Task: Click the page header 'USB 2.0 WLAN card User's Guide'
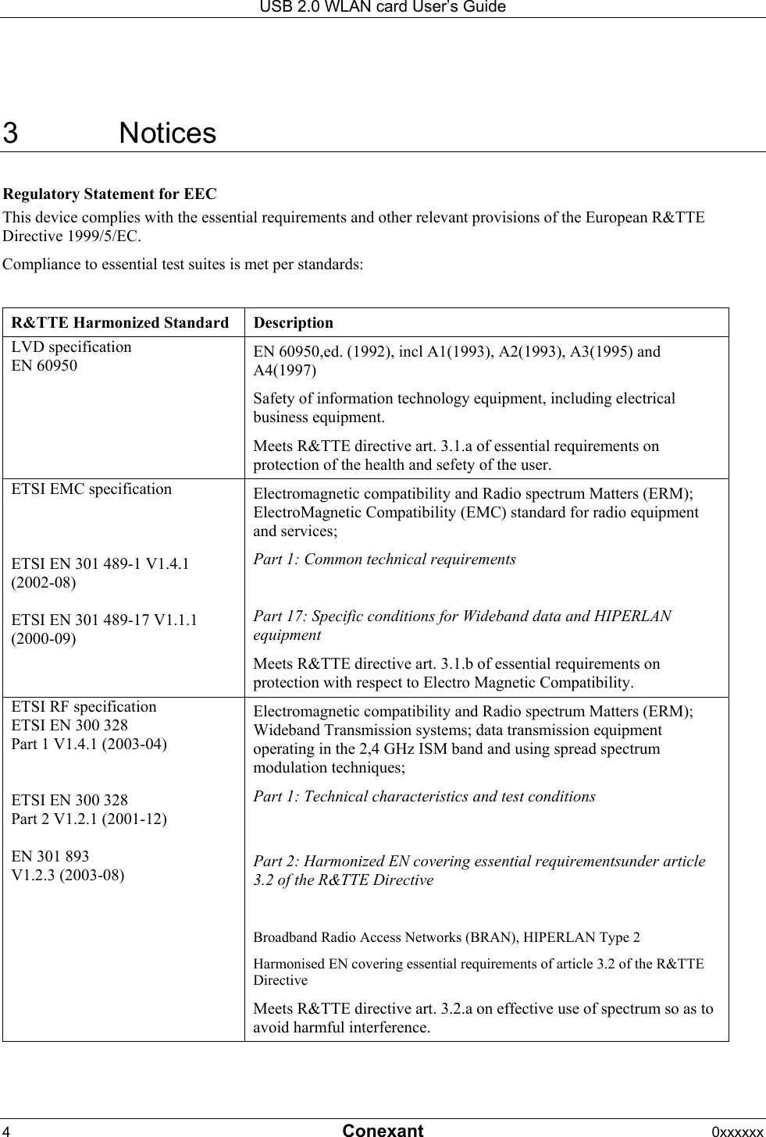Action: click(383, 7)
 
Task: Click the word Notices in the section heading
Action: click(167, 133)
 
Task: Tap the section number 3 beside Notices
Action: click(11, 133)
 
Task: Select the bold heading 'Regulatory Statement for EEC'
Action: click(110, 194)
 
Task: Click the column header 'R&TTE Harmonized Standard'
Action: click(120, 322)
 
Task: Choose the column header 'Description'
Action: click(294, 322)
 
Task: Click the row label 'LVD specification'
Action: click(71, 346)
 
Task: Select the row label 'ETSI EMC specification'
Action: click(91, 489)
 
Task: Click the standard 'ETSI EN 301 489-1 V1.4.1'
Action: click(100, 563)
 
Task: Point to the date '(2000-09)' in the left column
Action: click(44, 638)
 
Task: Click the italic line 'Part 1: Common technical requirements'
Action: click(384, 560)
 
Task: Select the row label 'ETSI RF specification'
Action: click(84, 706)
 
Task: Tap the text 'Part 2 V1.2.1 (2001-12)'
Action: click(89, 819)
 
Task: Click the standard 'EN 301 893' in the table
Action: click(50, 856)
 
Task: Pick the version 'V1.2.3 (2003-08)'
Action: click(67, 875)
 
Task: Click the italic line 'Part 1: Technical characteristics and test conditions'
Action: click(424, 797)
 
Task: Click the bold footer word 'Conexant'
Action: click(383, 1131)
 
